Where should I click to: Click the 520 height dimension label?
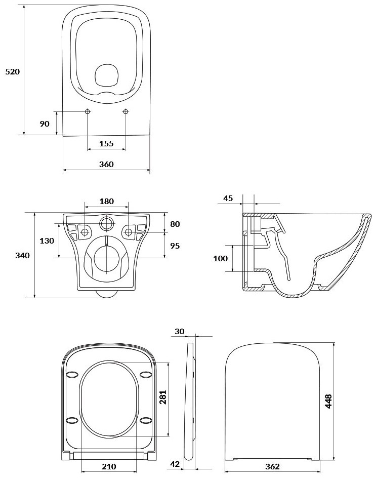[13, 72]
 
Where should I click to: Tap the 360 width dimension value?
[106, 165]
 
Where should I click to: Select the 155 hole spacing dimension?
[106, 143]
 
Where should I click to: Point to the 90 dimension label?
[45, 124]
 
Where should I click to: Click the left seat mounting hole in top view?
[88, 111]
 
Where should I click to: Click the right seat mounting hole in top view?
[126, 111]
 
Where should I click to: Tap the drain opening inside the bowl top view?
[106, 75]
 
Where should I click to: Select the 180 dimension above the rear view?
[106, 201]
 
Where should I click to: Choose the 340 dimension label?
[23, 255]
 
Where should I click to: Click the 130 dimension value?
[47, 241]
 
